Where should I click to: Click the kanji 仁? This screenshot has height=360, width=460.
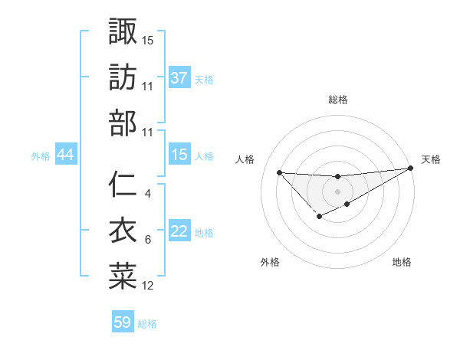click(x=123, y=185)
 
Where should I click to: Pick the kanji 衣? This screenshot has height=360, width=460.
click(x=123, y=231)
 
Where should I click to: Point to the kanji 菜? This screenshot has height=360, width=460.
click(x=123, y=277)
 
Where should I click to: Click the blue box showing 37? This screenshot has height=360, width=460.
click(x=179, y=78)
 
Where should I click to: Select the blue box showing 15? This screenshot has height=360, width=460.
click(x=179, y=155)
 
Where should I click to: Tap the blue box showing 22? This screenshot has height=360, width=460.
click(x=179, y=232)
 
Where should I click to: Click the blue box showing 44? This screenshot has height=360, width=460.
click(x=65, y=155)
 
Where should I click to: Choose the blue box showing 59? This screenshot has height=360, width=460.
click(x=123, y=322)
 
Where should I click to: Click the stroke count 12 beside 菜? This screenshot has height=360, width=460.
click(x=148, y=286)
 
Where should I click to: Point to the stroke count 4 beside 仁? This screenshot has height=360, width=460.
click(x=147, y=193)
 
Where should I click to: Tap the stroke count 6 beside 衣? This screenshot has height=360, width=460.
click(x=147, y=240)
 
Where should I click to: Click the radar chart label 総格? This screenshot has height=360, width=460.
click(x=337, y=100)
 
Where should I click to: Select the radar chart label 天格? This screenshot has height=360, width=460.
click(x=431, y=159)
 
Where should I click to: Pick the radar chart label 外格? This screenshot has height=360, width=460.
click(x=270, y=262)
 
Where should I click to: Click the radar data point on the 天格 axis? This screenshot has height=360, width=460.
click(x=412, y=169)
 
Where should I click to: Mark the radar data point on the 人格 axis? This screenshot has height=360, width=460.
click(x=279, y=172)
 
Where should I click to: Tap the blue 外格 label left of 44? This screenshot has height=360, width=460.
click(x=41, y=156)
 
